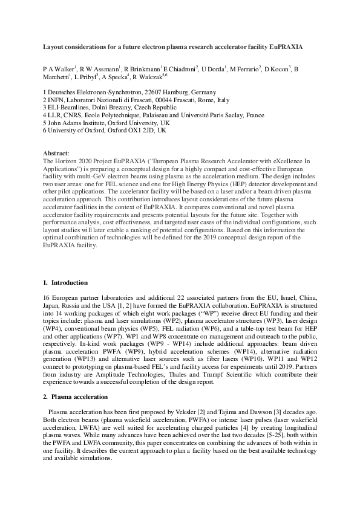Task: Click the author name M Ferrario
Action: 244,70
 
